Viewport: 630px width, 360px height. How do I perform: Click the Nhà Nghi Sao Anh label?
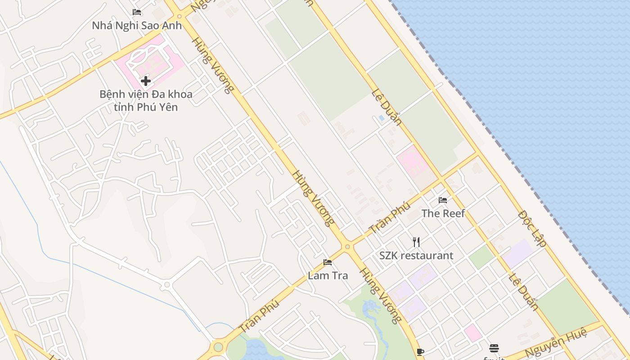[x=137, y=25]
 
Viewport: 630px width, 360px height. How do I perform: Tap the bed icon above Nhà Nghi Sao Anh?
[x=137, y=12]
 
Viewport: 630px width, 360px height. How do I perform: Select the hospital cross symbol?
[x=145, y=81]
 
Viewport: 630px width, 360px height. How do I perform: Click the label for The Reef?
[x=443, y=213]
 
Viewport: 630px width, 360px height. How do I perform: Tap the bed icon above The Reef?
[x=443, y=200]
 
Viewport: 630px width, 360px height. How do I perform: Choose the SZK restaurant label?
[x=416, y=256]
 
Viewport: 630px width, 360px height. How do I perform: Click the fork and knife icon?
[x=416, y=242]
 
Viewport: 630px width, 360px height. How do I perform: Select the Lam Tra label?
[x=328, y=275]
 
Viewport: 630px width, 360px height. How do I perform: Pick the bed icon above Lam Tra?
[x=328, y=262]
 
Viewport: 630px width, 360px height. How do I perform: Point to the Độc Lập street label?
[x=532, y=228]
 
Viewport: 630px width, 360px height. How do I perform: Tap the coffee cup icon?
[x=420, y=351]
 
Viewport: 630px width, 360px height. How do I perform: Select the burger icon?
[x=494, y=348]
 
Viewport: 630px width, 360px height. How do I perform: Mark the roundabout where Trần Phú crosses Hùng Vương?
[x=347, y=247]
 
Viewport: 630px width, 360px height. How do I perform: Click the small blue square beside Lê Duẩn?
[x=382, y=118]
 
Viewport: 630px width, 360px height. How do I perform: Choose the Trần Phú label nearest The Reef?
[x=390, y=218]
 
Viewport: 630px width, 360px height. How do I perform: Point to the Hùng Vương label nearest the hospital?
[x=213, y=65]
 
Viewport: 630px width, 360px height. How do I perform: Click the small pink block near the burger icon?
[x=472, y=333]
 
